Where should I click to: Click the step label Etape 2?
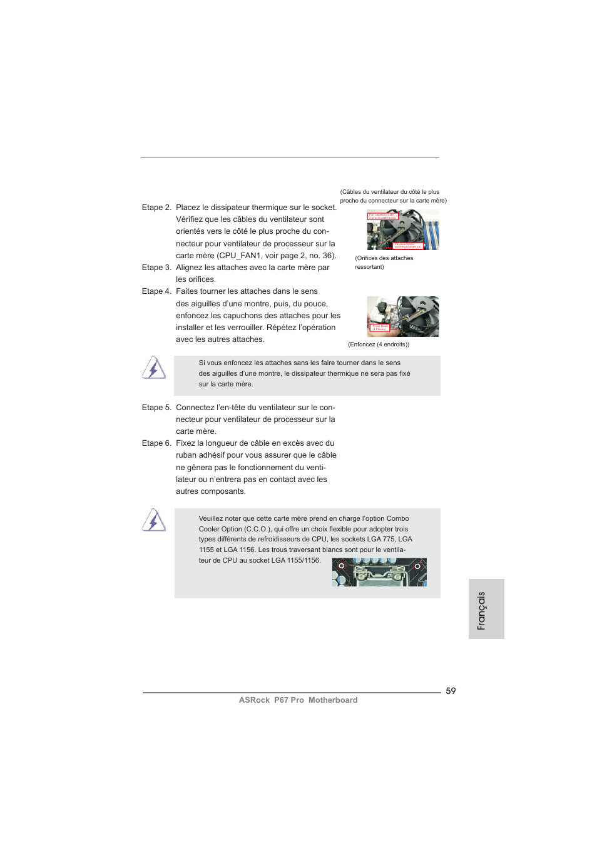[x=156, y=208]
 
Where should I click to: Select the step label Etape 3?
[x=156, y=268]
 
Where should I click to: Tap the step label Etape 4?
[x=156, y=291]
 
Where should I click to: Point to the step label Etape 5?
[x=156, y=408]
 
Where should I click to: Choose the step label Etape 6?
[x=156, y=443]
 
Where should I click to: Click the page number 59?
[x=451, y=691]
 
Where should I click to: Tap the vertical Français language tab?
[x=481, y=610]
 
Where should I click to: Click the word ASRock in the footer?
[x=254, y=700]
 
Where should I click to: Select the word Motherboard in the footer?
[x=333, y=700]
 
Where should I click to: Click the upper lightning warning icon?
[x=153, y=368]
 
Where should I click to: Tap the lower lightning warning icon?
[x=153, y=520]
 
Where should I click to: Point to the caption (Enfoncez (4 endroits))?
[x=379, y=344]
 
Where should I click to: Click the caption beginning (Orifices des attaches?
[x=384, y=258]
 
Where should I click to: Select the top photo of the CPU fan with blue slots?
[x=402, y=229]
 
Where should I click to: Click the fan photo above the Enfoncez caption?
[x=402, y=316]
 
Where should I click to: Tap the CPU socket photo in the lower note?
[x=379, y=572]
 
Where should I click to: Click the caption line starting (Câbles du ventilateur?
[x=390, y=192]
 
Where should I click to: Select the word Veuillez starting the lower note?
[x=211, y=518]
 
